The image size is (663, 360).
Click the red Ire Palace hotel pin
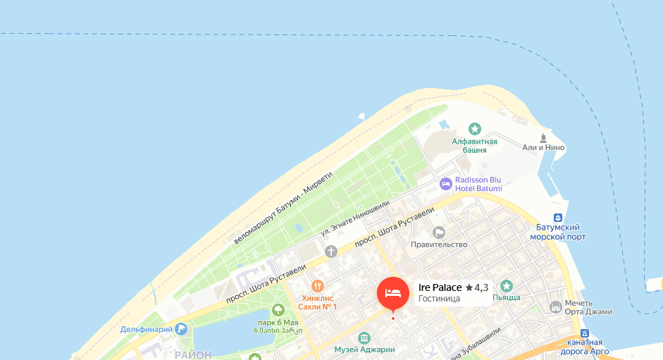392,293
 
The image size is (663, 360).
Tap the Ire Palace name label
440,287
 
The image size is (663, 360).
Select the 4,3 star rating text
477,287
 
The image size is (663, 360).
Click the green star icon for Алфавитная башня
475,129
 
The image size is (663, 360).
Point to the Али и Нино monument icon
543,137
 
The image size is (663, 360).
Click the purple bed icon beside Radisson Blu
445,185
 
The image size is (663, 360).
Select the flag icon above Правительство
439,232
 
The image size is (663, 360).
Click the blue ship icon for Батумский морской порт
558,218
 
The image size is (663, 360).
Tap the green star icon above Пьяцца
506,285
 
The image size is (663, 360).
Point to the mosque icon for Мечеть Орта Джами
556,307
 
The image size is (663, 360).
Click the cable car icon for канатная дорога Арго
584,333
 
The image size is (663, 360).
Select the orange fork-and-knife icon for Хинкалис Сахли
318,286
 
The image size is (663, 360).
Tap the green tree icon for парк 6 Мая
278,309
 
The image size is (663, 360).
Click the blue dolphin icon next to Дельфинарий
182,329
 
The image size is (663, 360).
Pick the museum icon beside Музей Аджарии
364,337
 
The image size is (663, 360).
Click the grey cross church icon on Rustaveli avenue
331,251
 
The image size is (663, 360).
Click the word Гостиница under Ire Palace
439,299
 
